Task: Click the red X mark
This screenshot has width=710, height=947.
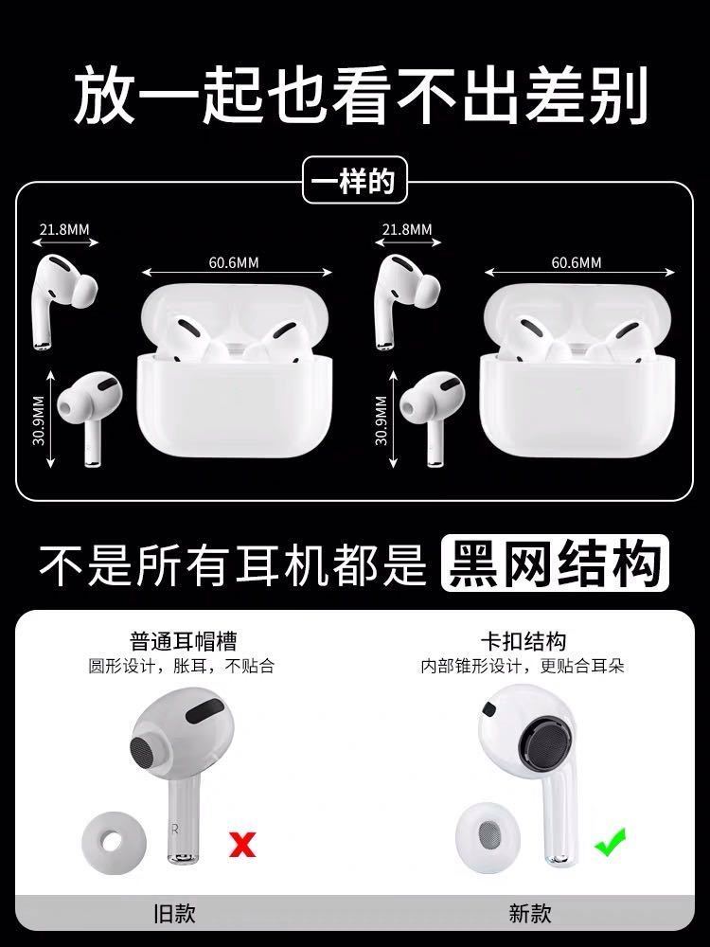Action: point(242,844)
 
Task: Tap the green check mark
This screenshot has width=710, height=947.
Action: point(611,842)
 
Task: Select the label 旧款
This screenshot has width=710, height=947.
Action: point(174,913)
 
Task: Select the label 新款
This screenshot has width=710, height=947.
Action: point(529,913)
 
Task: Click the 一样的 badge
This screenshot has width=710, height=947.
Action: point(354,180)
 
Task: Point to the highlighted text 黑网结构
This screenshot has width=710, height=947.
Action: point(555,563)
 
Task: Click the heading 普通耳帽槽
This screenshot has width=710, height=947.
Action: point(183,641)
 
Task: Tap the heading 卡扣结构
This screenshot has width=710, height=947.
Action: point(523,641)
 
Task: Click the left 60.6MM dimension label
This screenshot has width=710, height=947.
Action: point(234,262)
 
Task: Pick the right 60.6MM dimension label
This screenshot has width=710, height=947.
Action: point(576,262)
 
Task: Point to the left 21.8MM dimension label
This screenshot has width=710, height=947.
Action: point(64,229)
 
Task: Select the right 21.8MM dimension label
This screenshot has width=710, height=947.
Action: point(407,229)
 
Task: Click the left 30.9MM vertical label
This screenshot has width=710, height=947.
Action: point(39,420)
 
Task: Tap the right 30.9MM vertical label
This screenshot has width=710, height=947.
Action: point(381,420)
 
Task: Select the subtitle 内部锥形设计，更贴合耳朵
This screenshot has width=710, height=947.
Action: point(523,666)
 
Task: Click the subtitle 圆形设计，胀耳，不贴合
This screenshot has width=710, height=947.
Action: point(182,666)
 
